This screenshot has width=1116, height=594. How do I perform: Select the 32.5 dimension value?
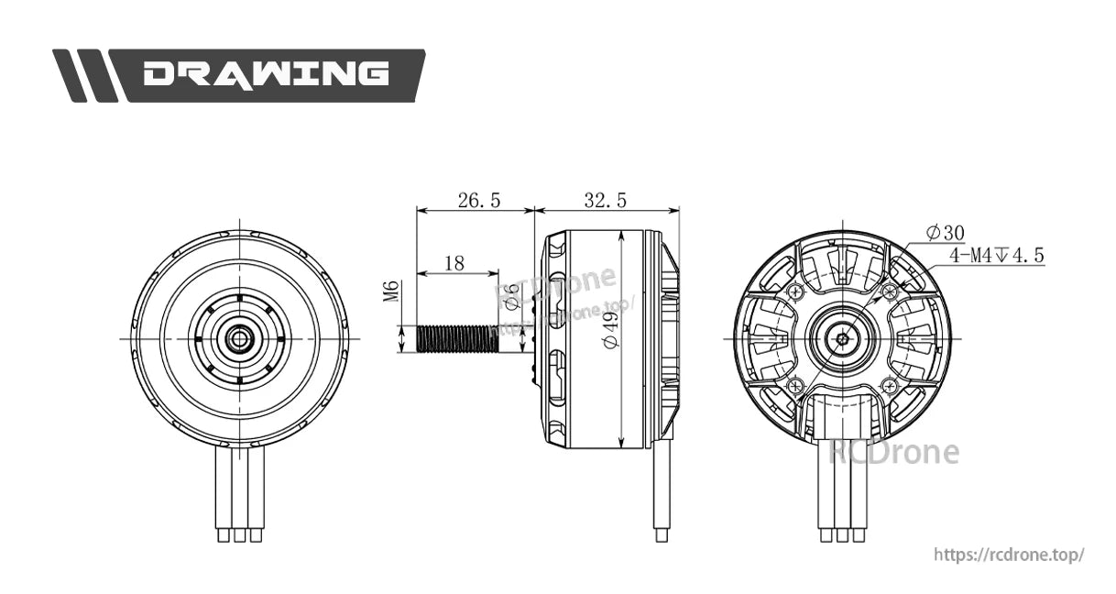(605, 201)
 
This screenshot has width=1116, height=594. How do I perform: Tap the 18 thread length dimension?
(454, 263)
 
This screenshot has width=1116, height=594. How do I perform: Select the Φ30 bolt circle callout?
(945, 232)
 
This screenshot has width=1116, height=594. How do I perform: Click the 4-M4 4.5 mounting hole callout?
(996, 256)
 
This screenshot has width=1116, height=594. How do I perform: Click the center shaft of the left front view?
(239, 338)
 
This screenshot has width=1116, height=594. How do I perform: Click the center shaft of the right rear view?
(841, 338)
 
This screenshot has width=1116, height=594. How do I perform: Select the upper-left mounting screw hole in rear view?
(794, 291)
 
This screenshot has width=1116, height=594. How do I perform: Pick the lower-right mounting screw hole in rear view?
(888, 385)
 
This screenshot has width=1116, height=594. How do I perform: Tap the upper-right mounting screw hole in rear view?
(888, 291)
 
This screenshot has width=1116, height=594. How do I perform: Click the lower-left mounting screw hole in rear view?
(794, 385)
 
